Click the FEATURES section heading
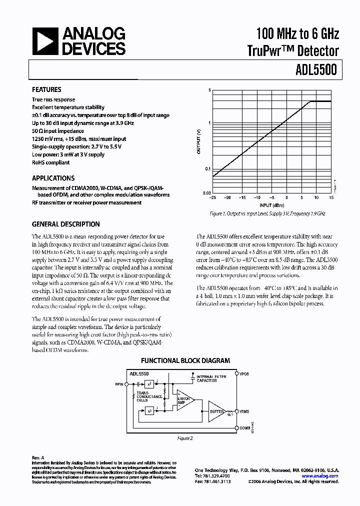(46, 90)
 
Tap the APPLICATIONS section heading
(53, 178)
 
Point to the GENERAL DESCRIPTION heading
(65, 224)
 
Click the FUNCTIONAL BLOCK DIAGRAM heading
(185, 360)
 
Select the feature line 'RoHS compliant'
(51, 162)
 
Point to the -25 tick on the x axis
(212, 198)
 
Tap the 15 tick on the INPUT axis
(331, 198)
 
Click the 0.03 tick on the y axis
(207, 192)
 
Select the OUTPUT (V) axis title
(198, 141)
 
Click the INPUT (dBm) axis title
(272, 205)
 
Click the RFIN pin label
(119, 384)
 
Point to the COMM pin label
(244, 428)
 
